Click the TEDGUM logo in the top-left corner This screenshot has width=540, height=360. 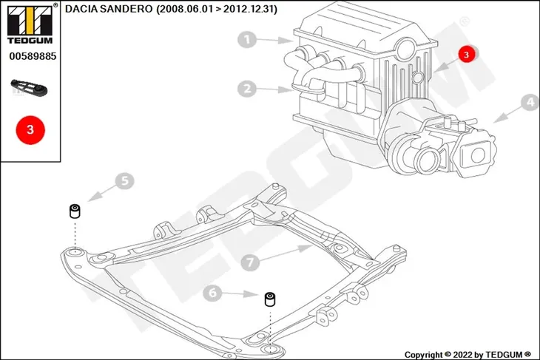(30, 24)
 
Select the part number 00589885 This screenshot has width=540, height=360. (33, 56)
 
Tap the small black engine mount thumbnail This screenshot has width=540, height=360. (29, 88)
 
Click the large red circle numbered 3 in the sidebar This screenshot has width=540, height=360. (30, 130)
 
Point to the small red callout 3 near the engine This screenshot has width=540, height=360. (467, 55)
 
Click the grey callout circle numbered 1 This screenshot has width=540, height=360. (247, 40)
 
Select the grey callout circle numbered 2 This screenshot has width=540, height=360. (247, 89)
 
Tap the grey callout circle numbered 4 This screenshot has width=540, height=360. (530, 102)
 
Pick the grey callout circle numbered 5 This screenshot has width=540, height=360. (125, 180)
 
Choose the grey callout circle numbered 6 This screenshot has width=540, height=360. (212, 293)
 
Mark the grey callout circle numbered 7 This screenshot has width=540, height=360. (250, 262)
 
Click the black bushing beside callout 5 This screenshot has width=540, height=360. (75, 211)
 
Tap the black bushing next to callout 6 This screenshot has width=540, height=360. (270, 299)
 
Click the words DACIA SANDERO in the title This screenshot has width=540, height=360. (109, 9)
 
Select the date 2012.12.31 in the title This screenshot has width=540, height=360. (249, 9)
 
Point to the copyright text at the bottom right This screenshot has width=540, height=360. (468, 355)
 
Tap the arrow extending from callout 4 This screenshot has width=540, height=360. (507, 115)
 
